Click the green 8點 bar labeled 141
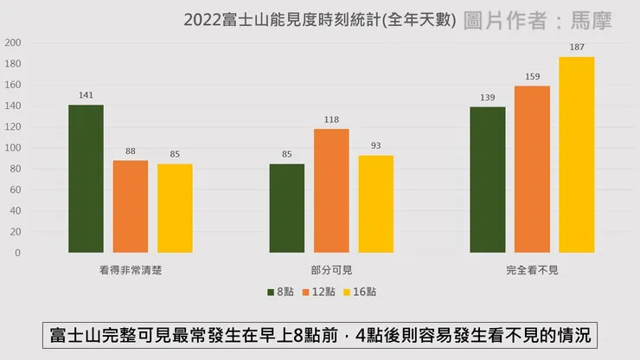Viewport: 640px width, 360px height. point(86,179)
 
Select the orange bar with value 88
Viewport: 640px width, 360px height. point(130,207)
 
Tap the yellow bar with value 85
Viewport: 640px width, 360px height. point(175,209)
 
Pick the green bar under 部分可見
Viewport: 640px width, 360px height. point(286,209)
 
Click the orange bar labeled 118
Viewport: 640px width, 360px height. point(331,191)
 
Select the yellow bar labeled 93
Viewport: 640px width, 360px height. point(375,204)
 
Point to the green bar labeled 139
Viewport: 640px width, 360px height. point(488,180)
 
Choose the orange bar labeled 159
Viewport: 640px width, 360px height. point(532,170)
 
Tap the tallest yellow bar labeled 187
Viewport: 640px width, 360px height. point(577,155)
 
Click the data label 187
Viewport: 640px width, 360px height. point(577,46)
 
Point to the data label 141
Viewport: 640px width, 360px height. point(86,94)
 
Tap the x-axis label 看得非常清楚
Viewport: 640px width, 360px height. point(131,270)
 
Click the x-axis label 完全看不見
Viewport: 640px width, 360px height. point(532,270)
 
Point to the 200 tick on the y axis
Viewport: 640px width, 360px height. point(13,43)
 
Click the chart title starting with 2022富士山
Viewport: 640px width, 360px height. point(319,19)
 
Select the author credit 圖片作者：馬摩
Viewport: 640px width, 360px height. point(537,19)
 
